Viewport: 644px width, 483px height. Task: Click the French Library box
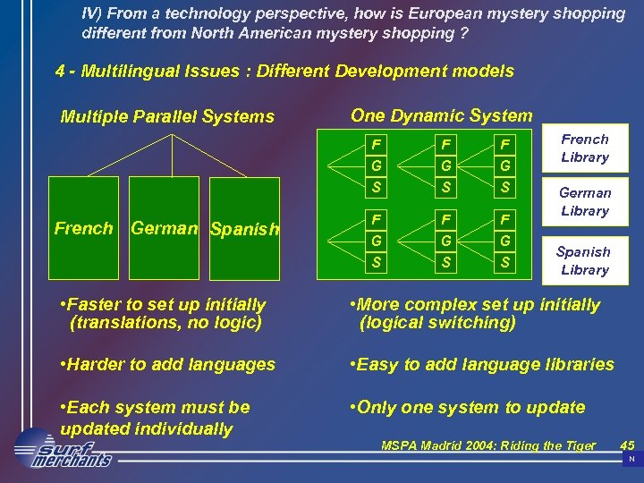[x=584, y=148]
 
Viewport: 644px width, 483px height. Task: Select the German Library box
[x=584, y=202]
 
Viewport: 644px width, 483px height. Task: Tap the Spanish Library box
[x=584, y=260]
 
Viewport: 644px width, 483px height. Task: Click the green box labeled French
[x=83, y=230]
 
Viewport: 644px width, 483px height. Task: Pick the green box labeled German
[x=164, y=230]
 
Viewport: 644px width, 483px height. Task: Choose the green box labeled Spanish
[x=244, y=230]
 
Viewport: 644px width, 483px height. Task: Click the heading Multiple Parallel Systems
[x=167, y=116]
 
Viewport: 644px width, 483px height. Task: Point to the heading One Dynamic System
[x=441, y=114]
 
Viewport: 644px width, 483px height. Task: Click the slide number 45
[x=627, y=445]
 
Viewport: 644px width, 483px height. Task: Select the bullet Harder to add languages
[x=166, y=364]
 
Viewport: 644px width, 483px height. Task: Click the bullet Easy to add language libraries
[x=484, y=364]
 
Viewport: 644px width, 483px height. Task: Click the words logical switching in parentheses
[x=437, y=323]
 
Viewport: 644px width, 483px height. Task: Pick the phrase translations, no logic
[x=165, y=323]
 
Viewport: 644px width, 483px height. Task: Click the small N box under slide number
[x=631, y=459]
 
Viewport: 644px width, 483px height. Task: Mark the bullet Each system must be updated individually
[x=154, y=418]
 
